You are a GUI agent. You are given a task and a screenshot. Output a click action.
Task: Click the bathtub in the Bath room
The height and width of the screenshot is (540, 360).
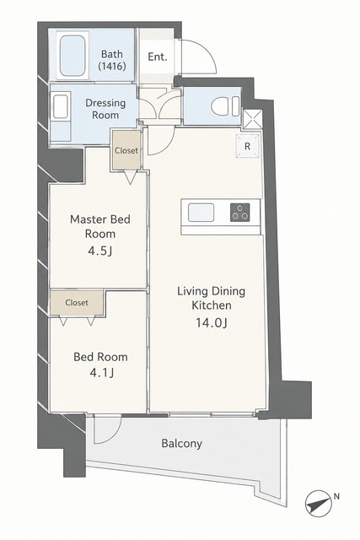(73, 56)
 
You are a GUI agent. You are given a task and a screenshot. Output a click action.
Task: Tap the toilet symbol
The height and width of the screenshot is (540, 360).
(225, 106)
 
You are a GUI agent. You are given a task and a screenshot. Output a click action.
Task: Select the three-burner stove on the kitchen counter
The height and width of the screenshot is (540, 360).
(240, 212)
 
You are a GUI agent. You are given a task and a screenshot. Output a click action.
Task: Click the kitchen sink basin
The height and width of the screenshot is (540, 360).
(201, 213)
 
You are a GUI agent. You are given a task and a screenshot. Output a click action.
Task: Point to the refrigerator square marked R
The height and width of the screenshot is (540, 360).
(248, 146)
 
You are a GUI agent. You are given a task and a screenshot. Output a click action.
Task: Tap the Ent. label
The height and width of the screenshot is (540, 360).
(158, 57)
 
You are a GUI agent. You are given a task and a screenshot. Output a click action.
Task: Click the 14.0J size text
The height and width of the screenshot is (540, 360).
(212, 322)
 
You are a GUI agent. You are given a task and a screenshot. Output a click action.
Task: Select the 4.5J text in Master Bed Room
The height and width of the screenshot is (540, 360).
(99, 251)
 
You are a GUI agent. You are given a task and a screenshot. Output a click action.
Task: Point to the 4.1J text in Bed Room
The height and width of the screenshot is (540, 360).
(101, 373)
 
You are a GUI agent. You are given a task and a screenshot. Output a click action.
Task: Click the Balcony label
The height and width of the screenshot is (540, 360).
(182, 443)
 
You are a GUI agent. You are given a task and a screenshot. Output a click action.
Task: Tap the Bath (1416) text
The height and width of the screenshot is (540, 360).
(112, 60)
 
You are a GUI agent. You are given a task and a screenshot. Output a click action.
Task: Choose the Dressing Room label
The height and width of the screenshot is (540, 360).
(105, 109)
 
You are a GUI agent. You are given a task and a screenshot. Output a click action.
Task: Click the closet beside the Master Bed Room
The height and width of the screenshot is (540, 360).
(126, 150)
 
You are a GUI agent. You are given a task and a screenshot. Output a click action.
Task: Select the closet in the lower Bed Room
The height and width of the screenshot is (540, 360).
(77, 302)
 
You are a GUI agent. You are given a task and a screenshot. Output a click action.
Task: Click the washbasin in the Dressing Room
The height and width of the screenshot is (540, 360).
(61, 107)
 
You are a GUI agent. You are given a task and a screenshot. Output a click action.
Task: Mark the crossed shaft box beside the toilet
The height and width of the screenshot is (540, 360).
(253, 120)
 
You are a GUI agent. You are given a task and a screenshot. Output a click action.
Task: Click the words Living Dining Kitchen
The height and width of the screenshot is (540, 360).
(212, 298)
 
